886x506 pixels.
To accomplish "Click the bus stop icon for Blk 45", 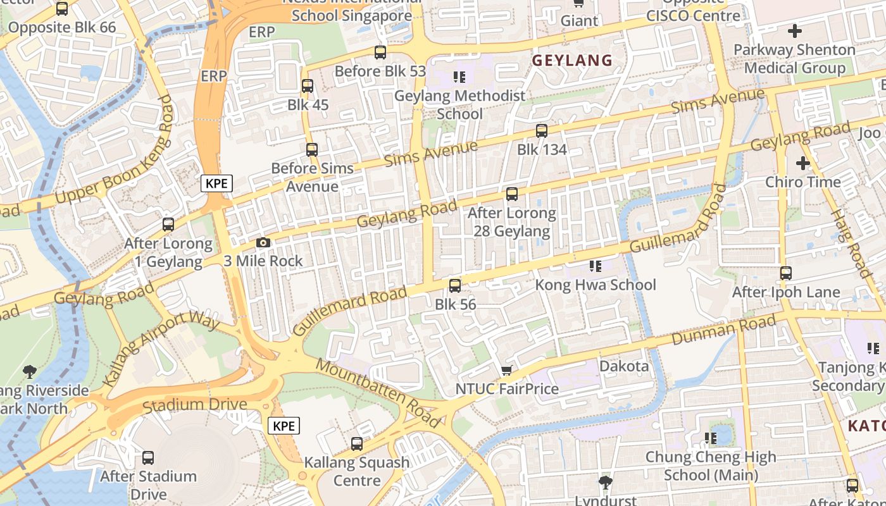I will [308, 86].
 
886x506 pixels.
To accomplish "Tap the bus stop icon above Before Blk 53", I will [380, 52].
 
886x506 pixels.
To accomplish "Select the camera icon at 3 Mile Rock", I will [263, 243].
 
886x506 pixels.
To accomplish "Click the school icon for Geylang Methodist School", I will [459, 77].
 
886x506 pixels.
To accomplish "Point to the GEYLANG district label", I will [572, 61].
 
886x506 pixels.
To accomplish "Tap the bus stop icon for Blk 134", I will [542, 131].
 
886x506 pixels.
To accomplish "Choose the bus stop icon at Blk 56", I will [455, 286].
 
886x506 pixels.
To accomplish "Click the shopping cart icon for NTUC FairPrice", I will [506, 370].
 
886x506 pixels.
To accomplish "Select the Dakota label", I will [624, 366].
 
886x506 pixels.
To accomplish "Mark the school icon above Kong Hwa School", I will [595, 266].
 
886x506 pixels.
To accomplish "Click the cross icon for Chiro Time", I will [802, 163].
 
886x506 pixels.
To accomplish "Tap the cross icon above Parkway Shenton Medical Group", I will [795, 30].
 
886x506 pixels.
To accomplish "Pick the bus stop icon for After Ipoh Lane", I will [785, 273].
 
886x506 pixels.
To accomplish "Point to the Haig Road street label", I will [851, 243].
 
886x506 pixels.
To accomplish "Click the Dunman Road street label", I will [723, 330].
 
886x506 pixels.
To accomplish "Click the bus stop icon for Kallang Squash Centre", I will [357, 444].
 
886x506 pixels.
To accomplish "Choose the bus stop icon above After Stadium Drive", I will [148, 457].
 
